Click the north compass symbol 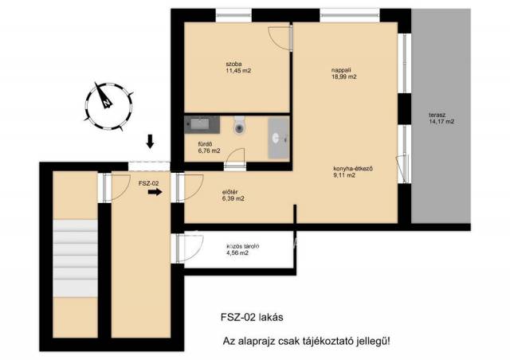coord(108,106)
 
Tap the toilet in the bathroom coord(239,125)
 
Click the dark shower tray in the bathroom coord(202,124)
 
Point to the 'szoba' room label coord(233,64)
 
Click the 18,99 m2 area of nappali coord(344,77)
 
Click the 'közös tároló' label coord(242,246)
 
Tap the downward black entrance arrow coord(150,141)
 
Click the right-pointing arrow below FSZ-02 coord(155,192)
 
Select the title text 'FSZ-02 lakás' coord(252,317)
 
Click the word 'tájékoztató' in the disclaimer coord(326,342)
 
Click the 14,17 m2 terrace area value coord(441,122)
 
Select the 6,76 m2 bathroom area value coord(209,151)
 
